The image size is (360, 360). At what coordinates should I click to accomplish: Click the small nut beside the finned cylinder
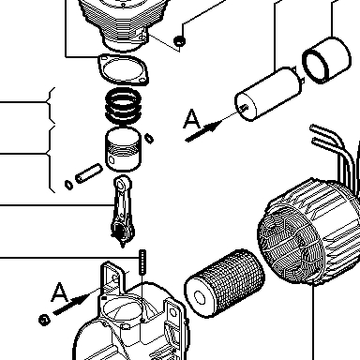click(x=179, y=40)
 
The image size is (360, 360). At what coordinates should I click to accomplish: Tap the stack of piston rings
click(x=123, y=106)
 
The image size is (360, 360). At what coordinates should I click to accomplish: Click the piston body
click(x=123, y=149)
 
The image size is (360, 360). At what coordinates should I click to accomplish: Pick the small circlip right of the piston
click(x=150, y=138)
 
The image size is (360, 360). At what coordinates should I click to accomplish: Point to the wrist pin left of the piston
click(x=88, y=173)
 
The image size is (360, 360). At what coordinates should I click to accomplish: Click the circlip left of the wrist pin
click(x=68, y=185)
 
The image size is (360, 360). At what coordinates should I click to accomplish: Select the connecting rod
click(x=123, y=211)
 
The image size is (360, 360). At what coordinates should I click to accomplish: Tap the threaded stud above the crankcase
click(x=142, y=262)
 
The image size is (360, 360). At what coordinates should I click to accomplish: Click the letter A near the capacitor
click(x=192, y=119)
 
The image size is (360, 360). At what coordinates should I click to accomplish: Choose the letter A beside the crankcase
click(x=59, y=292)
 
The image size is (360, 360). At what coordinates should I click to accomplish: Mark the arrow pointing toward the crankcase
click(x=71, y=305)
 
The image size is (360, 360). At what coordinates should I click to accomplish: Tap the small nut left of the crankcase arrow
click(x=44, y=320)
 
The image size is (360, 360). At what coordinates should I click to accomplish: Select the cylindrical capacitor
click(x=269, y=94)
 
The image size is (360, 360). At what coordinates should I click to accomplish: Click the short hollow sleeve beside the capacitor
click(x=327, y=60)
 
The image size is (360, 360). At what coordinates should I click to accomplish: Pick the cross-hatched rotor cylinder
click(x=225, y=283)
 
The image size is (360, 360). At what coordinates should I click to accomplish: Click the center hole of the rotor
click(x=200, y=297)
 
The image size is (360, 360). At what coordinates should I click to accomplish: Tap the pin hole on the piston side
click(x=112, y=160)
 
